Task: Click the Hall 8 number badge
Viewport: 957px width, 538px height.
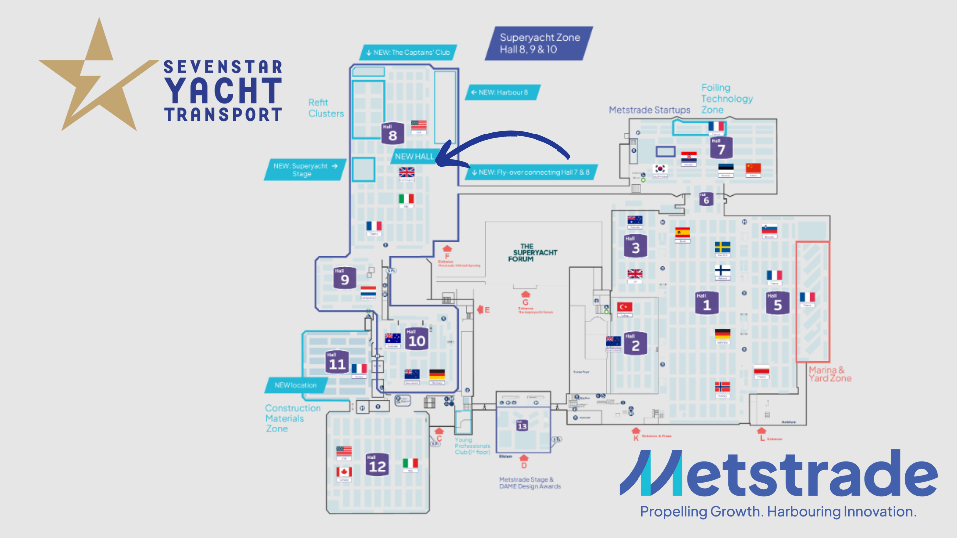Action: [392, 134]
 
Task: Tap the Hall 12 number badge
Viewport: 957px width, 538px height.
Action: [377, 464]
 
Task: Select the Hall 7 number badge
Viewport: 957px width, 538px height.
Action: [721, 148]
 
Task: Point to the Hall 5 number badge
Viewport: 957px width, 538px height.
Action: [777, 303]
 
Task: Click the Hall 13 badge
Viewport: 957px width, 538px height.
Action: [522, 425]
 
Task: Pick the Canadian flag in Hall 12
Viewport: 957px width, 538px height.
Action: [344, 472]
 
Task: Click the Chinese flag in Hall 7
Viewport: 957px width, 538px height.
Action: [753, 168]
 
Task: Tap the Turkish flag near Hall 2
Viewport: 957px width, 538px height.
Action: [624, 307]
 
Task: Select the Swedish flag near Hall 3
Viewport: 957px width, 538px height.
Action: [722, 247]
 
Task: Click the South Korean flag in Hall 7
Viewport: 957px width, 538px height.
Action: [660, 169]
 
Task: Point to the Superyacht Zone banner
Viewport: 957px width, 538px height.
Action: [539, 43]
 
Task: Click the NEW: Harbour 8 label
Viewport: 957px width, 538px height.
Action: [502, 92]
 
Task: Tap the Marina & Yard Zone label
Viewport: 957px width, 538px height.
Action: [829, 374]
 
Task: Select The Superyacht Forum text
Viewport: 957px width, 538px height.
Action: [532, 253]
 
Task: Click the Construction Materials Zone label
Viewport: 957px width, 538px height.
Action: [292, 418]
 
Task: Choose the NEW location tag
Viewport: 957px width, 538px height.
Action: [296, 385]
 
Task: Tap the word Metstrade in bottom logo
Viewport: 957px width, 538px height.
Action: [778, 473]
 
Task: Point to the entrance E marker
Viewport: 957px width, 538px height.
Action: [483, 310]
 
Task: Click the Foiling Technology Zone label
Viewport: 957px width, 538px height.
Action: [726, 98]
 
